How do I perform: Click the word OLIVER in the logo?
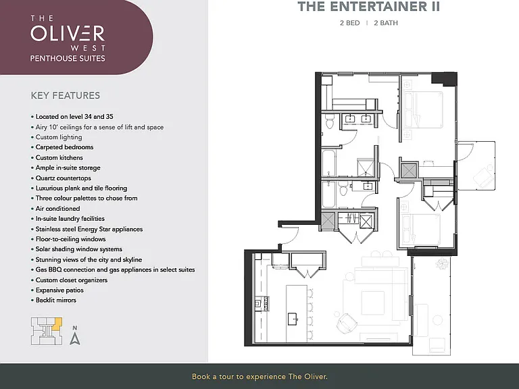pyautogui.click(x=68, y=33)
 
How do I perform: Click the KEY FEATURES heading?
pyautogui.click(x=65, y=96)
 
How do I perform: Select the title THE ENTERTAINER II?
pyautogui.click(x=369, y=7)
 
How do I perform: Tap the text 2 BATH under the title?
pyautogui.click(x=386, y=23)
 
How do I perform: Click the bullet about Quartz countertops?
pyautogui.click(x=61, y=178)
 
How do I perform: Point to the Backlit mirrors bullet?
pyautogui.click(x=53, y=300)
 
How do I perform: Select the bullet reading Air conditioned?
pyautogui.click(x=55, y=209)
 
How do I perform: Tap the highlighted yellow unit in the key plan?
pyautogui.click(x=57, y=323)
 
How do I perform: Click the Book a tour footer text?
pyautogui.click(x=259, y=376)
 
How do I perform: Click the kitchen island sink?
pyautogui.click(x=293, y=319)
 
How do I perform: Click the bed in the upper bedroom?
pyautogui.click(x=423, y=109)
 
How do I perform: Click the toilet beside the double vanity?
pyautogui.click(x=329, y=122)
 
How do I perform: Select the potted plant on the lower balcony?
pyautogui.click(x=441, y=263)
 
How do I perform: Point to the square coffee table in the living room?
pyautogui.click(x=372, y=303)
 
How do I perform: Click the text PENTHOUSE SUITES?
pyautogui.click(x=68, y=59)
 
